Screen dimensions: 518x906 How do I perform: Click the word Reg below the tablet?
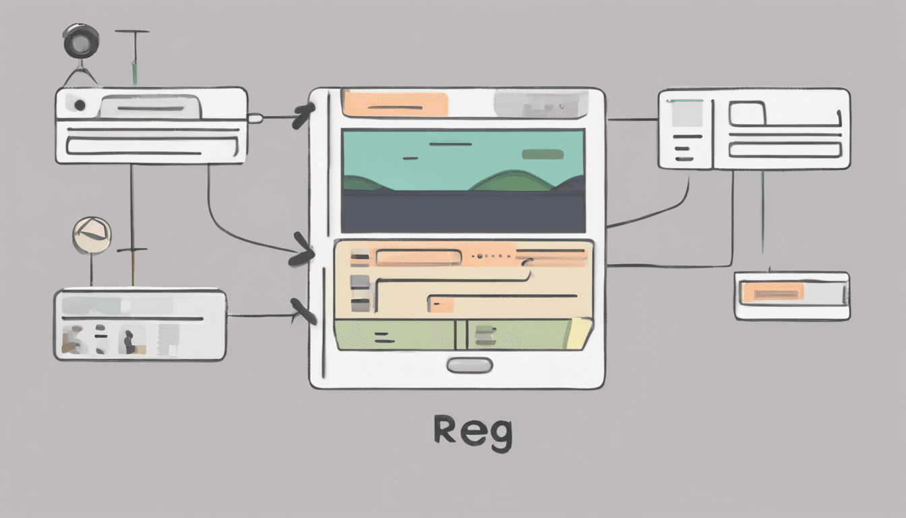coord(473,432)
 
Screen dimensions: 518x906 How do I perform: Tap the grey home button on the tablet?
coord(469,366)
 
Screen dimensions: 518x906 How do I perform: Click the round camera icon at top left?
coord(81,42)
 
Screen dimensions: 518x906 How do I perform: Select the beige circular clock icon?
coord(91,235)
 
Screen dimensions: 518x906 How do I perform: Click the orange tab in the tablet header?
coord(395,104)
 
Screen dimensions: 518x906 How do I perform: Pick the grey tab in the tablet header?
coord(540,104)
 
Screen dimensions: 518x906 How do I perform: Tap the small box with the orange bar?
coord(791,295)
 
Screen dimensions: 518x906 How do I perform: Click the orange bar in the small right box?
coord(773,292)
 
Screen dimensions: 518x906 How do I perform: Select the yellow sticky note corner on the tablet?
coord(579,334)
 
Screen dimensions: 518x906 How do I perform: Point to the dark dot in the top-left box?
coord(80,105)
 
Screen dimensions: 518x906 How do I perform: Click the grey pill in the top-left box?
coord(150,107)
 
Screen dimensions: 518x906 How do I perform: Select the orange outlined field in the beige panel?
coord(418,257)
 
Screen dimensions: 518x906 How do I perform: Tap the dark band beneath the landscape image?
coord(463,212)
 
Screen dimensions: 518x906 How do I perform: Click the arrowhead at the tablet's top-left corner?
coord(303,116)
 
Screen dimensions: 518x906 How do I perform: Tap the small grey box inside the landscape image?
coord(543,154)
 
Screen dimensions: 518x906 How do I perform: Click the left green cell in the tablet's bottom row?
coord(394,334)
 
